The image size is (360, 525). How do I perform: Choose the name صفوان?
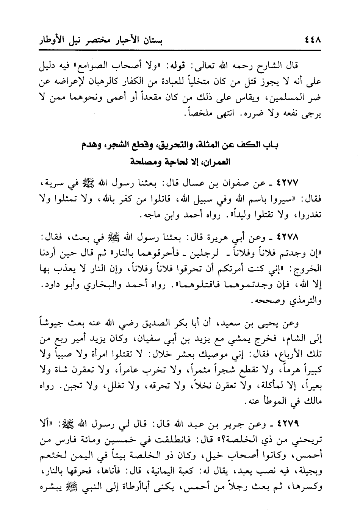243,184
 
